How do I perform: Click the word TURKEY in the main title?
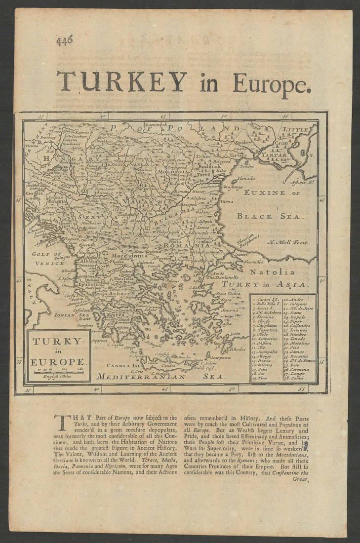pyautogui.click(x=121, y=82)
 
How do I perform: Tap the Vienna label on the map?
pyautogui.click(x=32, y=146)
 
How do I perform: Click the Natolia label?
pyautogui.click(x=278, y=271)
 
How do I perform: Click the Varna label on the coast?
pyautogui.click(x=227, y=201)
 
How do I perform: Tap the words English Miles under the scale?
pyautogui.click(x=58, y=377)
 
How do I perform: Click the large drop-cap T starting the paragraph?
pyautogui.click(x=62, y=423)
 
